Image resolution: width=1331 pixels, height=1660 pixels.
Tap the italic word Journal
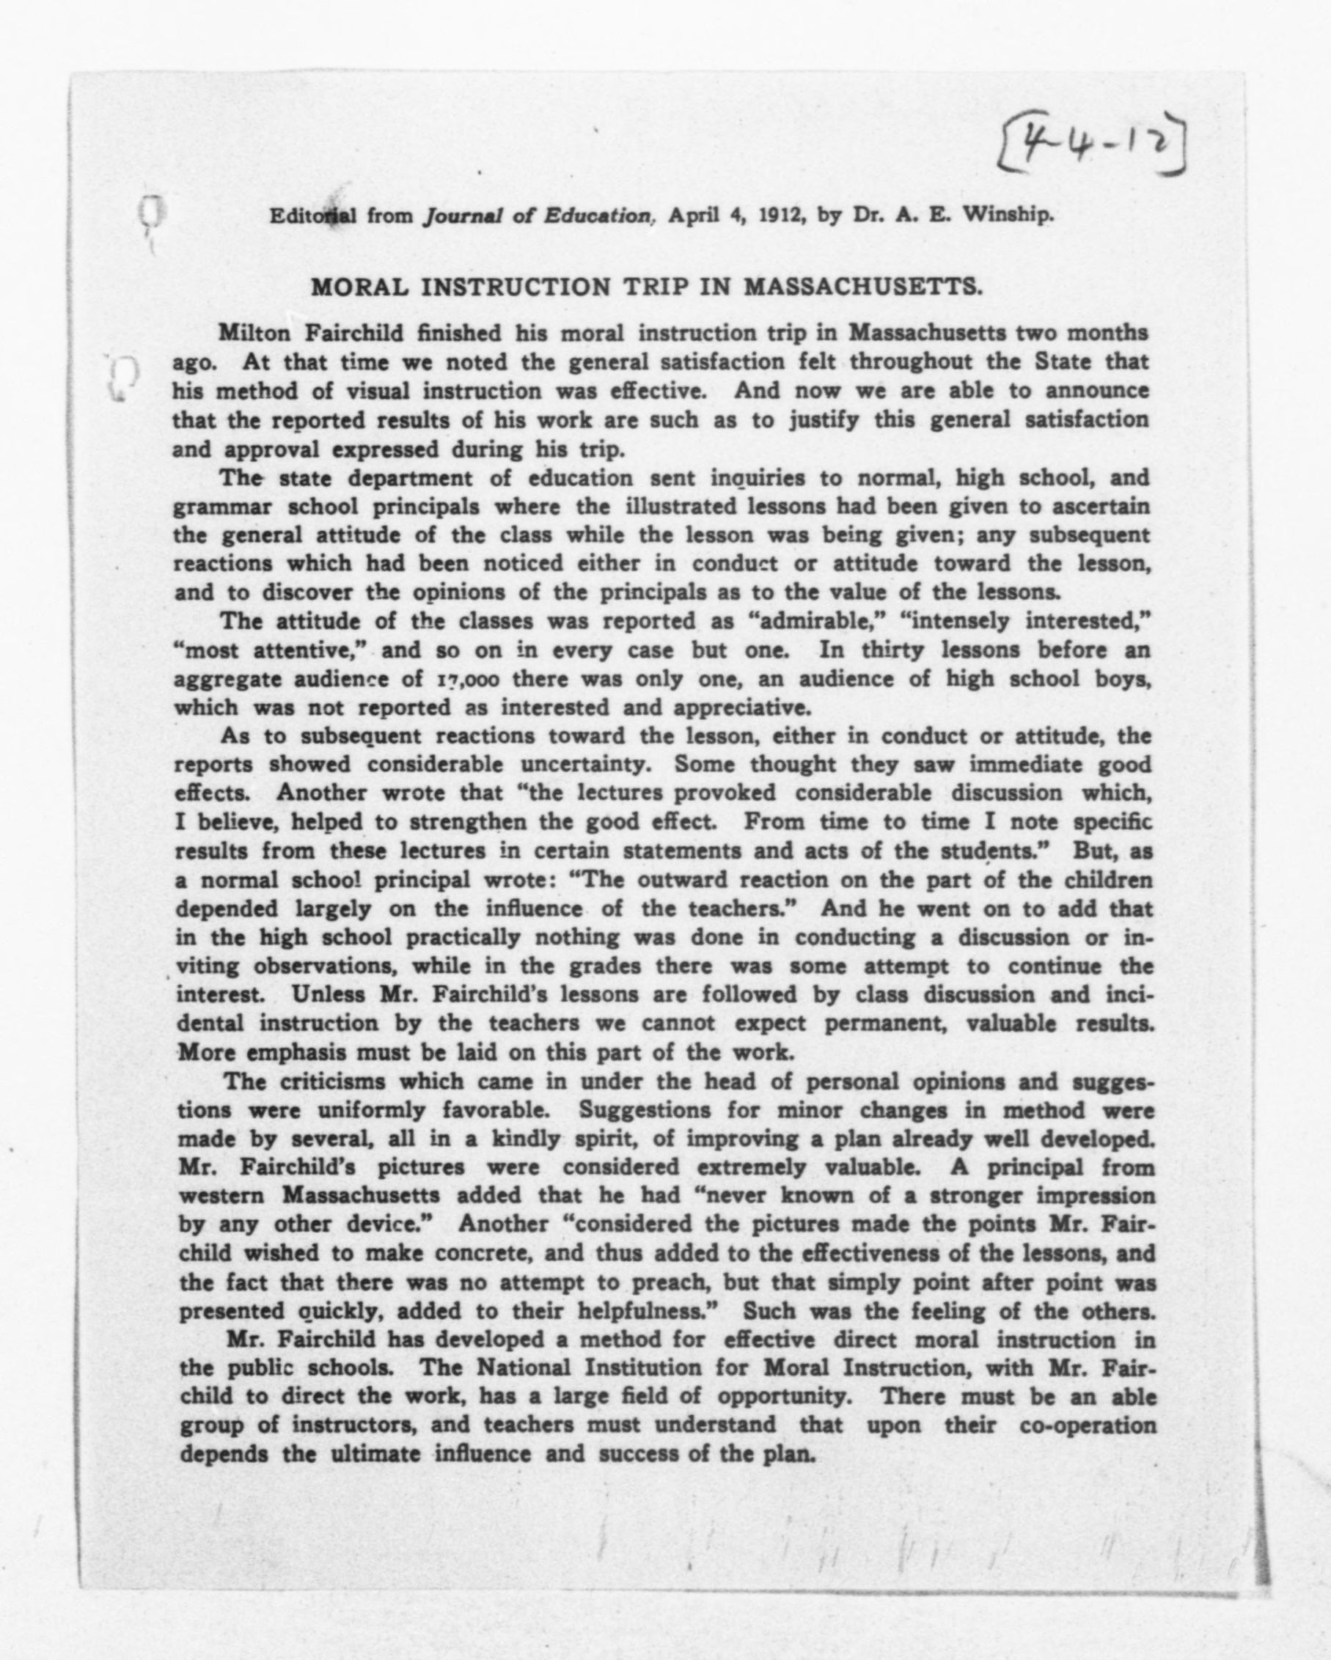pyautogui.click(x=461, y=216)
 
